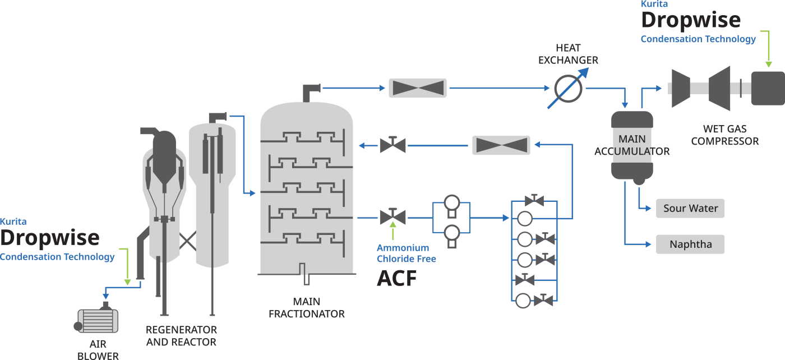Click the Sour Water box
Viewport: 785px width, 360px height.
coord(690,209)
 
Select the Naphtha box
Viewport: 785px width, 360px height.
coord(690,244)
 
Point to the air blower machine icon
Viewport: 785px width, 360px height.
coord(99,321)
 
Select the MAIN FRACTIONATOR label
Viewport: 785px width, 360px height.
coord(307,308)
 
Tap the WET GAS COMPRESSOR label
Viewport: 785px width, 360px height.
coord(724,135)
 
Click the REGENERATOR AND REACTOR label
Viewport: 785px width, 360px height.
coord(181,335)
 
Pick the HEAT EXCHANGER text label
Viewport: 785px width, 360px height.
coord(568,54)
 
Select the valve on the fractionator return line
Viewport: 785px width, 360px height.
coord(392,145)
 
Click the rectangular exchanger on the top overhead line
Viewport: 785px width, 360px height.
coord(418,88)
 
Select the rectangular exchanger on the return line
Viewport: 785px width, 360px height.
coord(501,145)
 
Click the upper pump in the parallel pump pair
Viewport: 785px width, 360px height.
coord(451,203)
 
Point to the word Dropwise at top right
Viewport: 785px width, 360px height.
coord(690,20)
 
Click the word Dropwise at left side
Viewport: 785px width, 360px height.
coord(50,238)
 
